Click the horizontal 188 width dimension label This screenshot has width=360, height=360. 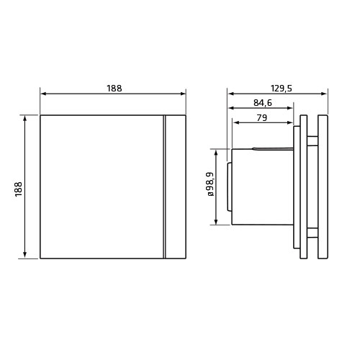click(114, 88)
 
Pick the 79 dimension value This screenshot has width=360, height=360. click(263, 119)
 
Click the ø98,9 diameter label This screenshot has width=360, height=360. click(210, 184)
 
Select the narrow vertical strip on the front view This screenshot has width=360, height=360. click(175, 187)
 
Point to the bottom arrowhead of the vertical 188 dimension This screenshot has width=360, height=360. click(26, 255)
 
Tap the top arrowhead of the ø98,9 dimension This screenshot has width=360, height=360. click(216, 151)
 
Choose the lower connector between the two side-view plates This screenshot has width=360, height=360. click(313, 233)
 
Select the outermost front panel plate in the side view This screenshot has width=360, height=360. click(323, 187)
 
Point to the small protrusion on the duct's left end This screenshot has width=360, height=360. click(229, 186)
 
